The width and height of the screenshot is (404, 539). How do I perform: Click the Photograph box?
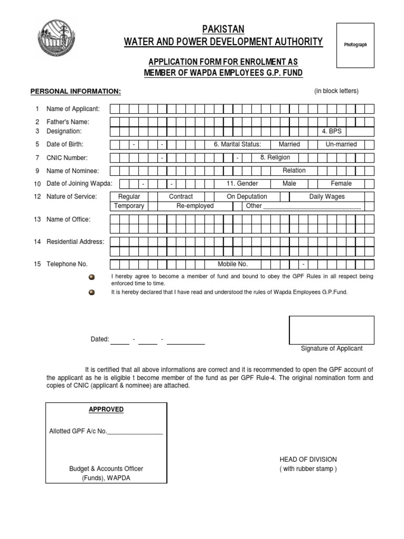pos(355,45)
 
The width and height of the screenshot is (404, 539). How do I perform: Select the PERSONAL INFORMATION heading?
pos(76,92)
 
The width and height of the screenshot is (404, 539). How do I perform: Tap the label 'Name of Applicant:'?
pos(73,109)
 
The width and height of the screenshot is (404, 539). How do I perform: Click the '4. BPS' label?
pos(332,131)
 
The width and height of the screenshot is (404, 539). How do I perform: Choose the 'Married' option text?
pos(289,144)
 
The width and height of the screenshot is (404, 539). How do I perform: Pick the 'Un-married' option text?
pos(341,144)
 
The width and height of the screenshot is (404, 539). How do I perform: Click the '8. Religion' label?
pos(275,157)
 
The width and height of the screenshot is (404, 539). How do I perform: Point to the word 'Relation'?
pos(294,171)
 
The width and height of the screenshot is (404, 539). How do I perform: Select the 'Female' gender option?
pos(341,184)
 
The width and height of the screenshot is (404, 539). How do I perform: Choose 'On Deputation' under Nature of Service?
pos(247,196)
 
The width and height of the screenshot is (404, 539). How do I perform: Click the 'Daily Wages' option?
pos(327,196)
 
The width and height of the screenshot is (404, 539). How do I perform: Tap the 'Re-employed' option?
pos(195,206)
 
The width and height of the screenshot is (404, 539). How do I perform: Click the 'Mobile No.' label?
pos(233,264)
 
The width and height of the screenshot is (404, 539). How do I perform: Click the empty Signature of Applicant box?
pos(331,330)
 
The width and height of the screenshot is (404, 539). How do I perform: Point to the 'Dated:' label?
pos(100,340)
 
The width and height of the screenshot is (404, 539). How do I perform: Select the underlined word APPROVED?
pos(106,410)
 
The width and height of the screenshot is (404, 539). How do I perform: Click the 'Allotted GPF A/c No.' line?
pos(106,432)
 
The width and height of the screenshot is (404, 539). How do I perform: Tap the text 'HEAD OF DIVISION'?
pos(308,460)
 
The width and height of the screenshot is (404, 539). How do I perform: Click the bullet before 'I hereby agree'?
pos(92,277)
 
